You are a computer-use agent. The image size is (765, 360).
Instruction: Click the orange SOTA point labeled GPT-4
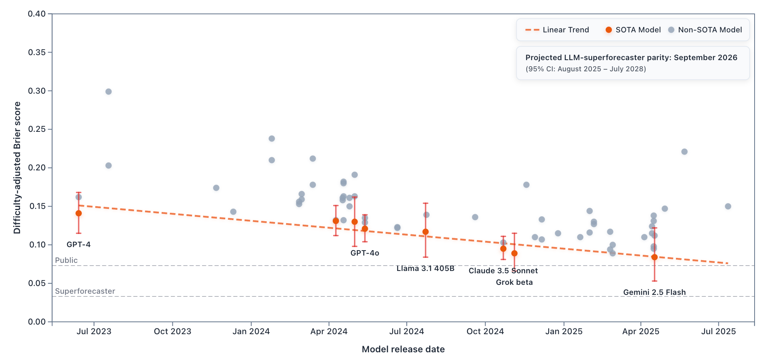coord(79,214)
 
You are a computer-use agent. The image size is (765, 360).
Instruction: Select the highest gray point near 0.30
coord(108,92)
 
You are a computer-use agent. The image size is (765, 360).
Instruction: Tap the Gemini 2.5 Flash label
coord(654,292)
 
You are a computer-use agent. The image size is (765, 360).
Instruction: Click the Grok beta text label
coord(514,282)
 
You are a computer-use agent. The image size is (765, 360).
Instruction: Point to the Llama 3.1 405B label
coord(425,268)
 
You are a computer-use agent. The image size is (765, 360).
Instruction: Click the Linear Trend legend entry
coord(557,30)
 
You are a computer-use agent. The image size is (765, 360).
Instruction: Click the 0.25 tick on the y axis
coord(37,129)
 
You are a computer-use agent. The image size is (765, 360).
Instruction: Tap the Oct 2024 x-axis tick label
coord(485,331)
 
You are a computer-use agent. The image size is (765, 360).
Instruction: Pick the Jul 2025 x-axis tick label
coord(718,331)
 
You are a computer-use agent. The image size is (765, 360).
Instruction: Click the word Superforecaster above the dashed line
coord(85,291)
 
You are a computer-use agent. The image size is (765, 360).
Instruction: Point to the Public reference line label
coord(66,260)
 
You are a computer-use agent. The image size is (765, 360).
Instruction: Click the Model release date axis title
coord(403,349)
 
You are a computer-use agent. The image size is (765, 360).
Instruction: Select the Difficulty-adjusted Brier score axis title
coord(17,168)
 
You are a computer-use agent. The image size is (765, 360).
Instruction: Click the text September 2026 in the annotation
coord(705,57)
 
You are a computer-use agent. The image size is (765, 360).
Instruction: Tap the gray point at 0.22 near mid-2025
coord(684,152)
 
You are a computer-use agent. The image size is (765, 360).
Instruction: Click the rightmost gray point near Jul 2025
coord(728,206)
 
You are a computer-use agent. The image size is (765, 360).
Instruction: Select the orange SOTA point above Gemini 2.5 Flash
coord(654,257)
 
